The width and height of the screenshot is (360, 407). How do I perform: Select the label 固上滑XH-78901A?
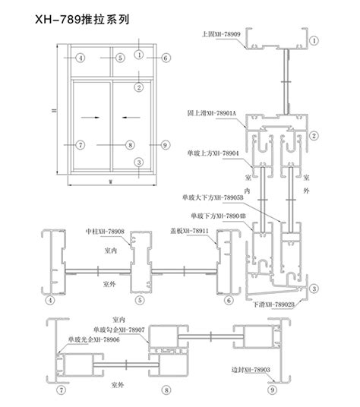click(x=214, y=112)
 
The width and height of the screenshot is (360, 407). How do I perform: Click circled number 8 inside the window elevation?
click(x=130, y=144)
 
